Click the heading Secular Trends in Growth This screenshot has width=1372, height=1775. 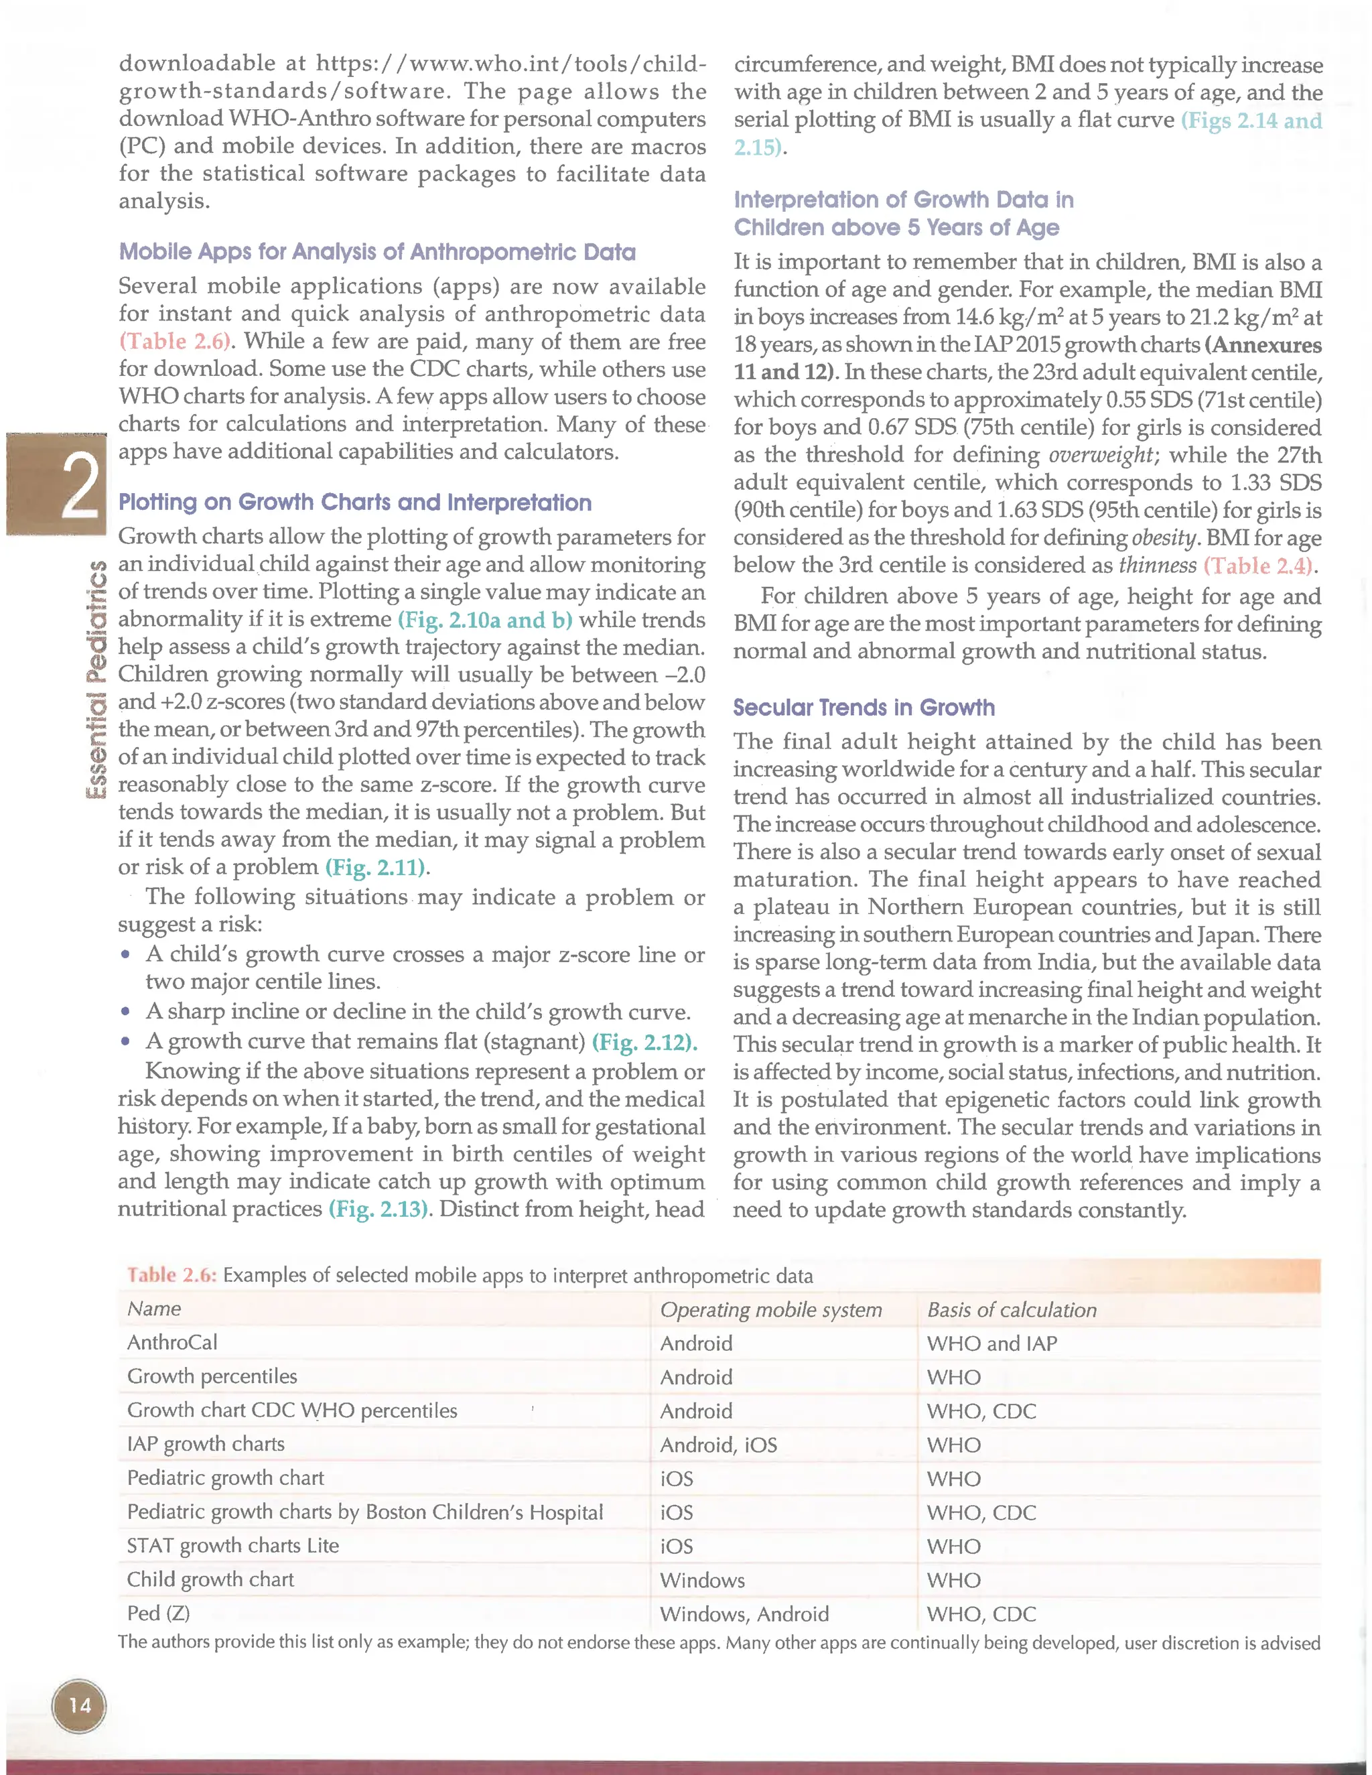tap(863, 707)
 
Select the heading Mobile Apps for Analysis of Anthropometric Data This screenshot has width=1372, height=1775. tap(377, 252)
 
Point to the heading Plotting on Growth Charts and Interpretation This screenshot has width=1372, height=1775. tap(355, 503)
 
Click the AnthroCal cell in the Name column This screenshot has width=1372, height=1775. tap(172, 1343)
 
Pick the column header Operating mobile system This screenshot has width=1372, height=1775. tap(770, 1309)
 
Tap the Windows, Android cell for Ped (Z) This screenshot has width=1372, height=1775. tap(744, 1614)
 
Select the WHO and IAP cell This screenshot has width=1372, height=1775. tap(991, 1343)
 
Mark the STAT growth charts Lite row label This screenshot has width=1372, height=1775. tap(232, 1546)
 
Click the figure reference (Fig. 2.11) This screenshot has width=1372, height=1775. tap(377, 867)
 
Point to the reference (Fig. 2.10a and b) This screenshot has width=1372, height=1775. tap(485, 620)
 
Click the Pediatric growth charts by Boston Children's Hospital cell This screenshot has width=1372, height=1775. tap(365, 1512)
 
